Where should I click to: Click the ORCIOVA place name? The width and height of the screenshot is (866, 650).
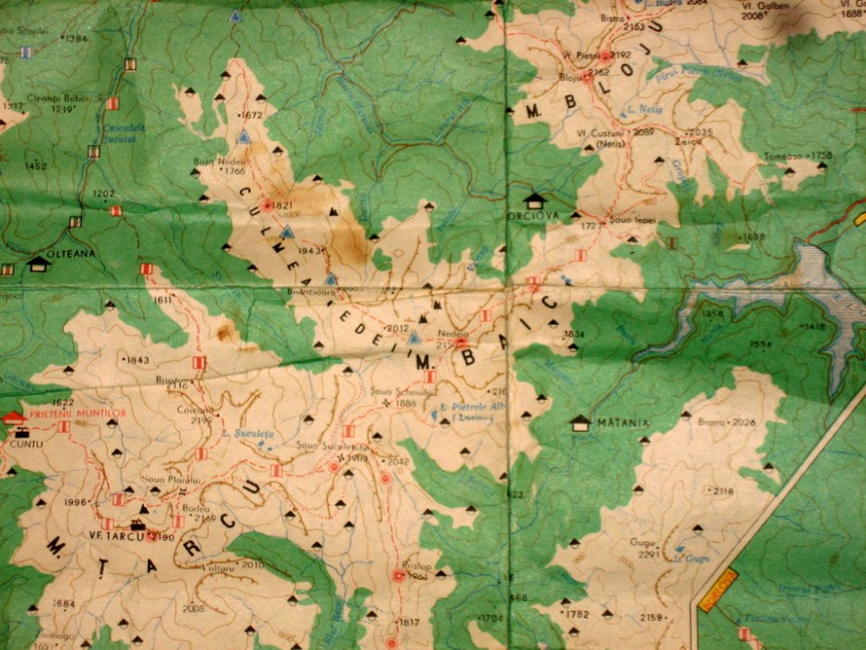pyautogui.click(x=536, y=216)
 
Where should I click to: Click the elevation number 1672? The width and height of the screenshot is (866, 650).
pyautogui.click(x=253, y=114)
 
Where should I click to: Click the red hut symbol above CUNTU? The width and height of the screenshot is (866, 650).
pyautogui.click(x=14, y=419)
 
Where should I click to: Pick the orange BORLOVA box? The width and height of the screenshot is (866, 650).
pyautogui.click(x=717, y=591)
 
